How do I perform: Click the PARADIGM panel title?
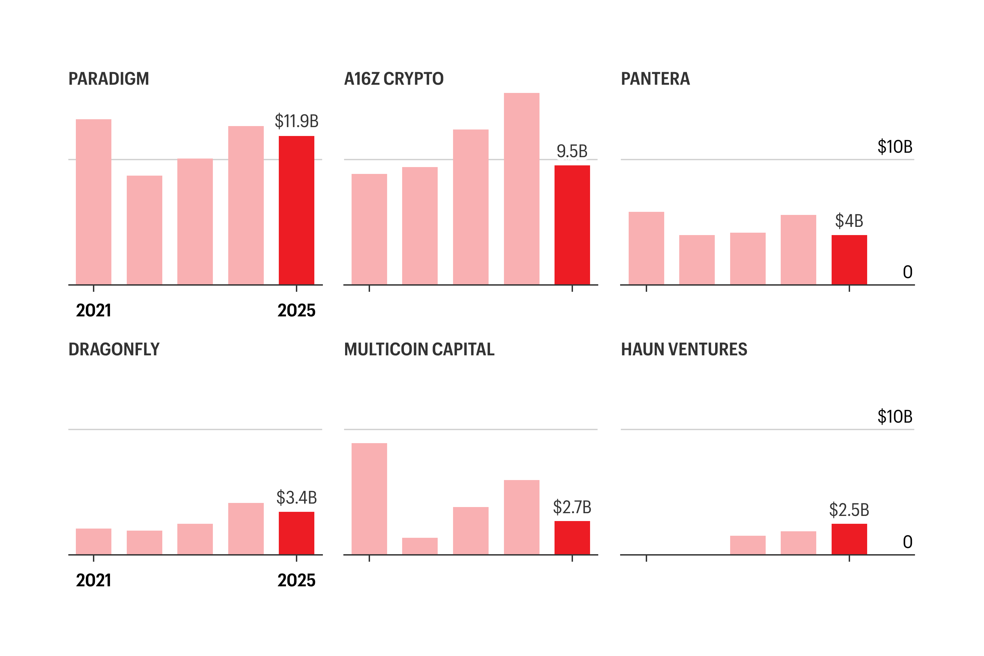(x=108, y=79)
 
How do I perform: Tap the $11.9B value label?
(x=296, y=121)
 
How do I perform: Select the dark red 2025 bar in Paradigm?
(x=296, y=210)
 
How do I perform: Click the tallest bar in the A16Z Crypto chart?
(x=521, y=188)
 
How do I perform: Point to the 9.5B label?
(x=572, y=151)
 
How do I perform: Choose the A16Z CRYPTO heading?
(x=393, y=79)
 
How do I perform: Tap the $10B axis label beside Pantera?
(x=894, y=147)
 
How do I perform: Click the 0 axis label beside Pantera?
(x=907, y=272)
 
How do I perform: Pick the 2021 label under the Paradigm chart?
(x=93, y=311)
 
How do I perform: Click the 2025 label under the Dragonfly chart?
(x=296, y=580)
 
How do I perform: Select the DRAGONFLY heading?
(x=114, y=349)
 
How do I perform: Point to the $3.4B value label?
(x=296, y=498)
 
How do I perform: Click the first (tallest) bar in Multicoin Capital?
(x=369, y=499)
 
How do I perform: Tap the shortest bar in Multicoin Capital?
(x=420, y=546)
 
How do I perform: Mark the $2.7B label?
(x=572, y=507)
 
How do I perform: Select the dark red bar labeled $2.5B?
(x=849, y=539)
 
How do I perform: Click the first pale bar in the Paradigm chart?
(x=93, y=202)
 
